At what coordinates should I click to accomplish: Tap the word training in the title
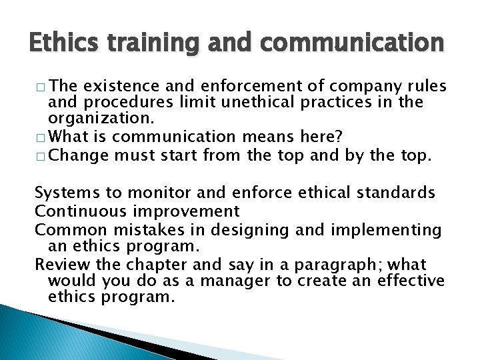pyautogui.click(x=165, y=43)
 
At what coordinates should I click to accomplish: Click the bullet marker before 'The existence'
pyautogui.click(x=41, y=87)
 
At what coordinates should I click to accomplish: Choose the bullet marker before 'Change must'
pyautogui.click(x=41, y=156)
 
